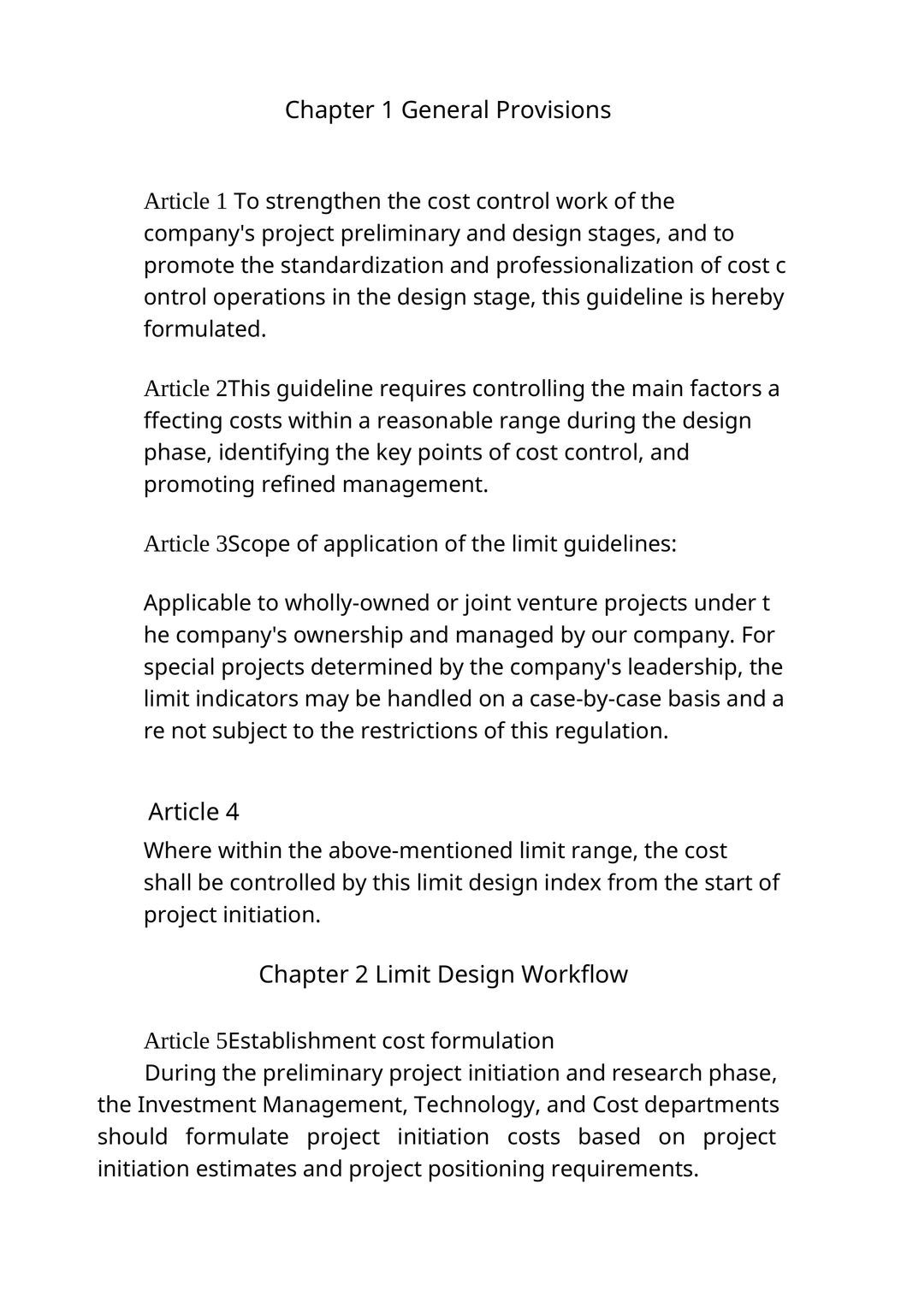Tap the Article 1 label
186,202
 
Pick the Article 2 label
185,389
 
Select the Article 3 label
185,544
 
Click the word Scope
258,544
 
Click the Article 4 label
193,812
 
